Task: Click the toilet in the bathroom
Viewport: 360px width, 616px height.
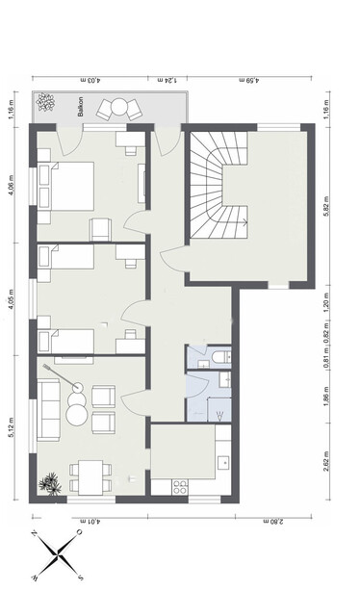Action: (220, 358)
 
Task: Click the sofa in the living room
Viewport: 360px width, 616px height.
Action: (46, 404)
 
